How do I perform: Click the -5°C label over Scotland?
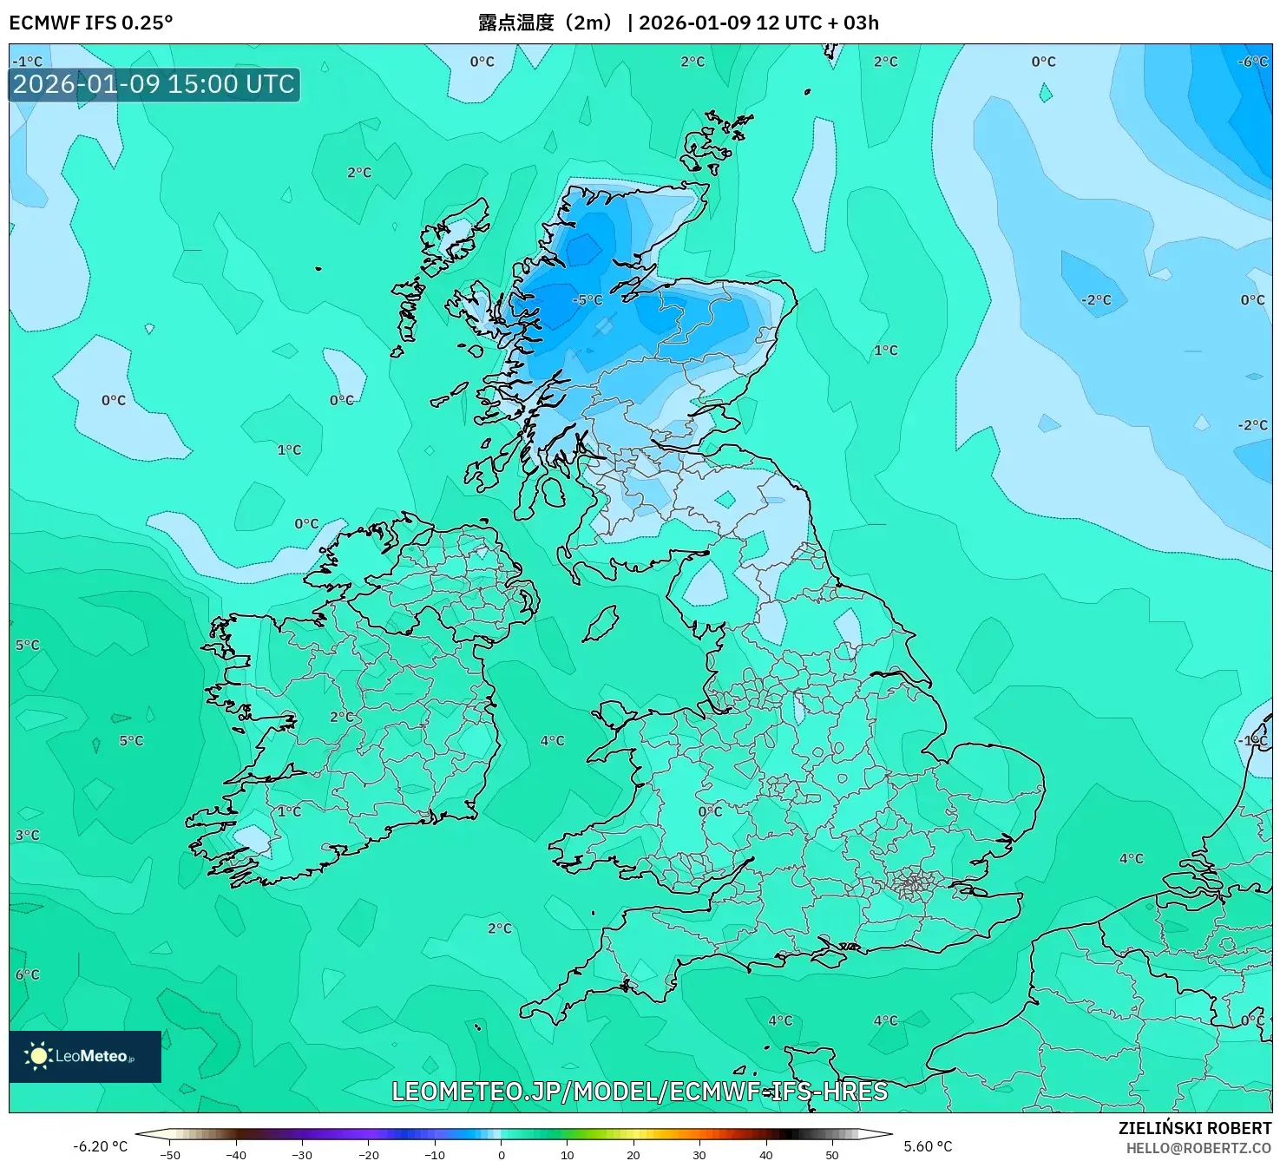click(587, 300)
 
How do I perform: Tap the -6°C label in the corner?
click(1253, 62)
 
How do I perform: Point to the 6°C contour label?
click(27, 974)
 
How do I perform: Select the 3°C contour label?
click(27, 835)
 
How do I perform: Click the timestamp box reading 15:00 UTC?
click(154, 84)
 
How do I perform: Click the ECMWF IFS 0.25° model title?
click(91, 23)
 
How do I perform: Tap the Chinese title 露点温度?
click(515, 23)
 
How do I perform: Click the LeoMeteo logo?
click(84, 1056)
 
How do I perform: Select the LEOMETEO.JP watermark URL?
click(640, 1091)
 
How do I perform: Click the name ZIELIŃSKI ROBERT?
click(1195, 1128)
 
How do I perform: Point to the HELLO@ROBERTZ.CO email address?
click(1198, 1148)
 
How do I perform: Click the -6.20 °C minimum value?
click(100, 1146)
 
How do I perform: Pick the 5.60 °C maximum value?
click(928, 1146)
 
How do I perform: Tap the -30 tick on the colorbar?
click(302, 1155)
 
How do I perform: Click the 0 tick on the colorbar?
click(502, 1155)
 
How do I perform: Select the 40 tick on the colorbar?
click(765, 1155)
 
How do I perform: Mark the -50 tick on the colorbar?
click(170, 1155)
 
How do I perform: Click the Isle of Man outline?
click(600, 623)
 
